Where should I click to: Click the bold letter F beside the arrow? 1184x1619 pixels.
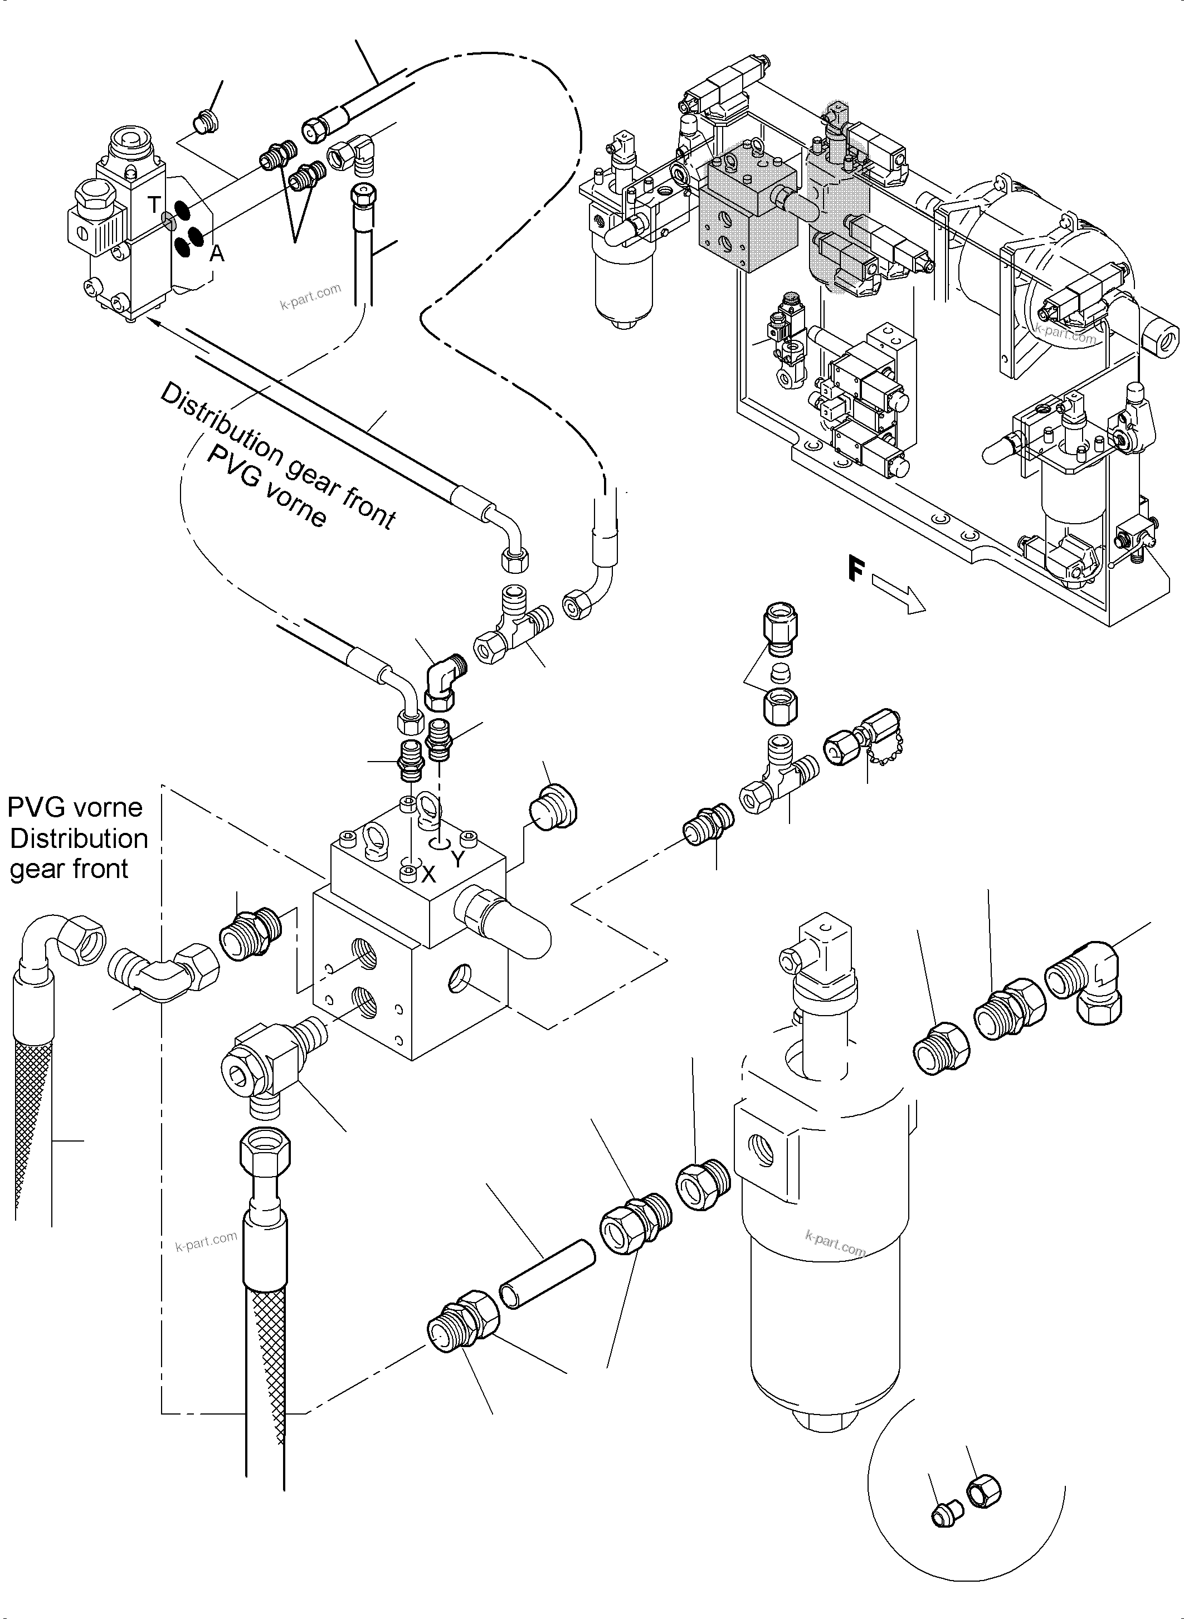(856, 570)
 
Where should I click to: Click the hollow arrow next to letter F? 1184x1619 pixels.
(899, 598)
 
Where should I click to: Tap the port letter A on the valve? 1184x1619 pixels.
(216, 253)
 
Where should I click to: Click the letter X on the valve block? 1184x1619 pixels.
(428, 874)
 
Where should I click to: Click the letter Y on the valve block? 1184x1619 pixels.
(459, 859)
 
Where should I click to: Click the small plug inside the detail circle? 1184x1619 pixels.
(944, 1516)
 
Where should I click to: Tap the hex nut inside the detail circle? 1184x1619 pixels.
(983, 1493)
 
